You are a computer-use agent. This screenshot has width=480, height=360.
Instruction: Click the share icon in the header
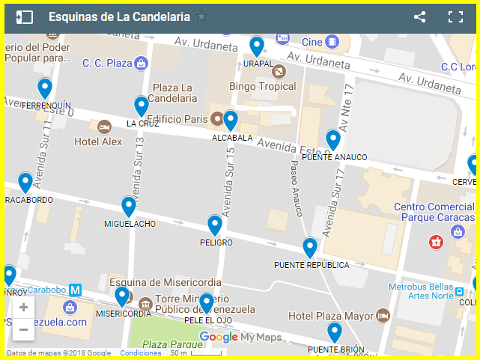point(419,17)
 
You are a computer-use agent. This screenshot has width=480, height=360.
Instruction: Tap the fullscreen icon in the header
point(455,17)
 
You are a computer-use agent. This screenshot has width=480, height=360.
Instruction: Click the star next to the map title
point(201,17)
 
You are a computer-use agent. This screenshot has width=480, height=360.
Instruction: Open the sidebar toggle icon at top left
point(25,17)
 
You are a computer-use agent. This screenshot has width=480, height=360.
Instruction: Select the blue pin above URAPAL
point(257,46)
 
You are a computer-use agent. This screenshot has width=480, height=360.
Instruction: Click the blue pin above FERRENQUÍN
point(45,88)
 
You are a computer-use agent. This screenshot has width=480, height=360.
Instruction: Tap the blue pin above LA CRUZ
point(142,106)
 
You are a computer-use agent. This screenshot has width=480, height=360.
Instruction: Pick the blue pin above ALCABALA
point(231,120)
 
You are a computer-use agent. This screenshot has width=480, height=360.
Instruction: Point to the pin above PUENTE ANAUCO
point(333,139)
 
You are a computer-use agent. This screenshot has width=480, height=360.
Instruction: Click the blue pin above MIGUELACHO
point(129,206)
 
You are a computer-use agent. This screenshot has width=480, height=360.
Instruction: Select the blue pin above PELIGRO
point(215,225)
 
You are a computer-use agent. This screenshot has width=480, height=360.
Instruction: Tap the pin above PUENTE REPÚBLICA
point(310,247)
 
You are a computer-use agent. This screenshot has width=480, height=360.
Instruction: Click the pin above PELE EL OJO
point(206,303)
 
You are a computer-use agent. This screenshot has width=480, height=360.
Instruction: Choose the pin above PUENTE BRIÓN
point(335,332)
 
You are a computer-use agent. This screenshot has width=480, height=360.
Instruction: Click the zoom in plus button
point(24,308)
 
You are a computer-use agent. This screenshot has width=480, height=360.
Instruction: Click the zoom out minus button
point(24,329)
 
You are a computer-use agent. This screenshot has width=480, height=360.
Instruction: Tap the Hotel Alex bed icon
point(104,126)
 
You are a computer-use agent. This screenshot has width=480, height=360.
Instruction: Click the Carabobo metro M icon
point(75,290)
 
